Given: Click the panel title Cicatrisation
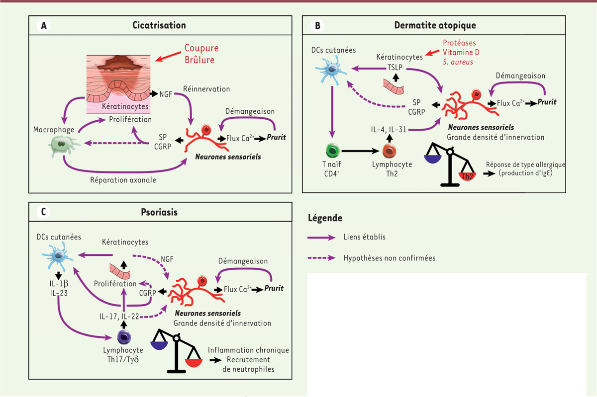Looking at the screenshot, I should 159,25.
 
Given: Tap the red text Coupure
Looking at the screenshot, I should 201,48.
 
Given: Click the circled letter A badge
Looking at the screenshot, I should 43,25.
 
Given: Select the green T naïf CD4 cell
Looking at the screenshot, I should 331,151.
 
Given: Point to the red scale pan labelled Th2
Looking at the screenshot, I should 467,175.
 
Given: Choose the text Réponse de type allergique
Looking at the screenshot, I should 527,164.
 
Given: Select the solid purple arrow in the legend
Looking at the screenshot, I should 323,238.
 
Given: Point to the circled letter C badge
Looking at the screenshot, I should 43,212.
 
